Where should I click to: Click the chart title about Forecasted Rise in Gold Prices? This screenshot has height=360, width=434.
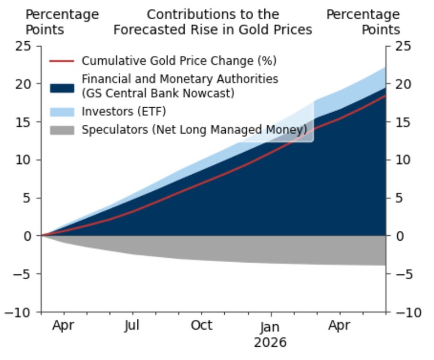(213, 22)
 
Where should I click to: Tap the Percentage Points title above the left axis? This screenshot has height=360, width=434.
(62, 22)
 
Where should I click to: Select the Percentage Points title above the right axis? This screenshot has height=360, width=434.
(363, 22)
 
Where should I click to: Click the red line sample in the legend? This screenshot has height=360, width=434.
(62, 60)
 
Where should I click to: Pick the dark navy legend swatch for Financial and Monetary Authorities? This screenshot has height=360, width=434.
(62, 86)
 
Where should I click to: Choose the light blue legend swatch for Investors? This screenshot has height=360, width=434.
(62, 112)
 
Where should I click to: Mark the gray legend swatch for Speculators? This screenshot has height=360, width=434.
(62, 130)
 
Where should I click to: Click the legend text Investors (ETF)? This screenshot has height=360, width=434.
(124, 112)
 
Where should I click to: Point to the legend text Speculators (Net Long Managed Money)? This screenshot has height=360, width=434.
(194, 130)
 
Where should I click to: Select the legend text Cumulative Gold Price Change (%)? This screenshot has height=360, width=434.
(179, 60)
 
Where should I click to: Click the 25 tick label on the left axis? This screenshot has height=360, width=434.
(24, 46)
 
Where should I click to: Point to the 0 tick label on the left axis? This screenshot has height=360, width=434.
(29, 236)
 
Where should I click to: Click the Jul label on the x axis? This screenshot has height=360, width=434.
(132, 325)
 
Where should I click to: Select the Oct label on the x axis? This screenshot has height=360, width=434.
(202, 325)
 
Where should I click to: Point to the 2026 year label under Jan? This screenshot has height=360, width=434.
(270, 343)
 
